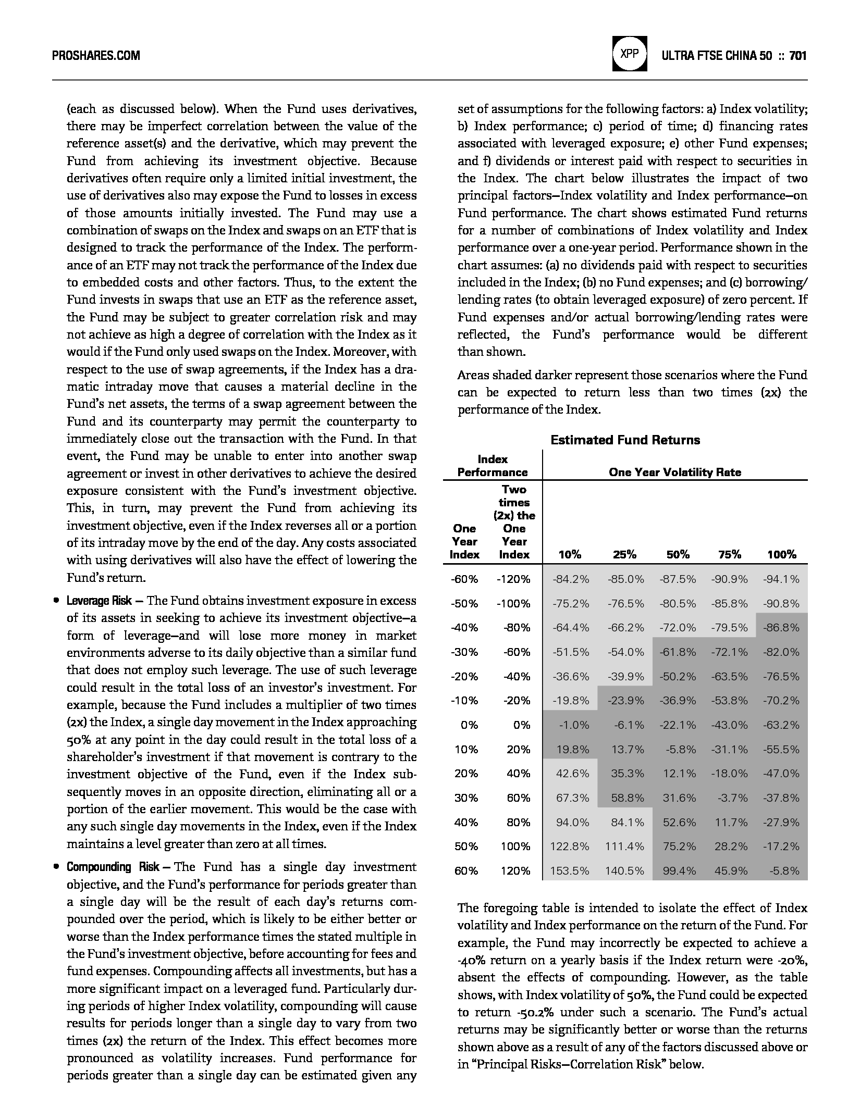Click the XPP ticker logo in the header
(630, 54)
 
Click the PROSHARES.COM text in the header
(96, 55)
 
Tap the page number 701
(798, 55)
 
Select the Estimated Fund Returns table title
(625, 440)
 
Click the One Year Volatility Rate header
(674, 472)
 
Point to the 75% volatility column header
(729, 555)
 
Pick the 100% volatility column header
(781, 555)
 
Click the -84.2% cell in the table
(571, 579)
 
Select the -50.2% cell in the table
(678, 677)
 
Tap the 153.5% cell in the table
(570, 871)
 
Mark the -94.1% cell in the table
(781, 579)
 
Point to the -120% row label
(513, 579)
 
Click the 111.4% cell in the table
(624, 847)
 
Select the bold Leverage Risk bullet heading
(99, 601)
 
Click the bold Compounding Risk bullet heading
(113, 867)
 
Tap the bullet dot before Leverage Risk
(56, 601)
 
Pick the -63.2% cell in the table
(781, 725)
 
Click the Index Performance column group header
(493, 466)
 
